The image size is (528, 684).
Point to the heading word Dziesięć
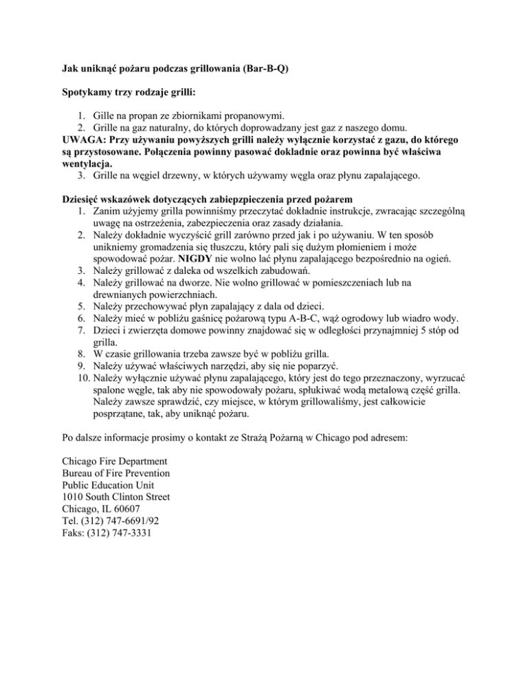click(74, 200)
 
